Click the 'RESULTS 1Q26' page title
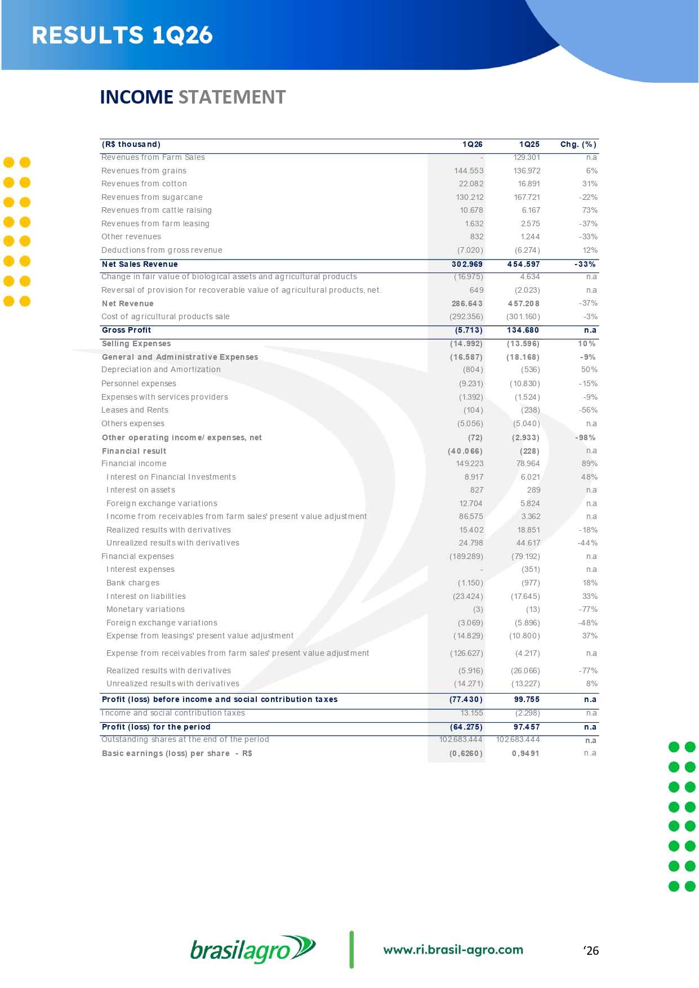pos(122,35)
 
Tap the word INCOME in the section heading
pos(136,97)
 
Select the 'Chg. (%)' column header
pos(578,145)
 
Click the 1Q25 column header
pos(529,145)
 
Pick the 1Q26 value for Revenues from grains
pos(469,171)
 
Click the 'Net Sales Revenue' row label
pos(140,265)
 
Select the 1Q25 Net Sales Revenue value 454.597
pos(523,265)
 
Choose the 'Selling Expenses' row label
pos(136,344)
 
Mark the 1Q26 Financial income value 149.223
pos(469,464)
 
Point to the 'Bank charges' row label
pos(133,583)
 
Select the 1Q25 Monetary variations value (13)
pos(532,610)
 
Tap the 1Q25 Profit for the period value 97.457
pos(526,727)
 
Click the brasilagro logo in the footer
pos(253,950)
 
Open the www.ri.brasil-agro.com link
pos(453,950)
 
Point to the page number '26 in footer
pos(591,951)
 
